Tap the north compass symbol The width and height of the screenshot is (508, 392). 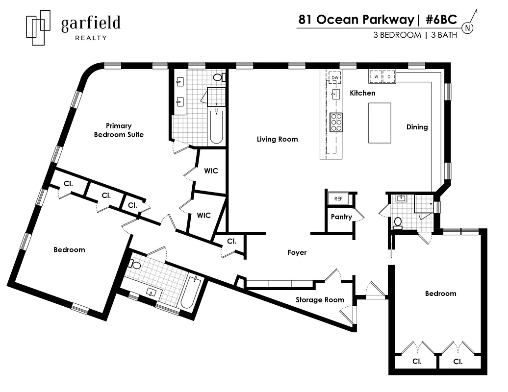[x=468, y=28]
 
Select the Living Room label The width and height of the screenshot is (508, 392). [x=277, y=139]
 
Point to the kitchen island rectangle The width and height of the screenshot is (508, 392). [x=380, y=122]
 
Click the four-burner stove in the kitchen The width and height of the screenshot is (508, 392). [x=336, y=122]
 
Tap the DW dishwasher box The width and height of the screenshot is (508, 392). [x=335, y=77]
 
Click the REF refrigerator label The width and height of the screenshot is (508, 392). [x=338, y=198]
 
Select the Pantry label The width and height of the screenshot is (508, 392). [x=341, y=217]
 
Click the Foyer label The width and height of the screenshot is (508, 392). [x=297, y=252]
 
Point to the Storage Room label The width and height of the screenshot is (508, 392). [x=320, y=300]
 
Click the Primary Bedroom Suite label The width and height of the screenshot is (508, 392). [x=119, y=130]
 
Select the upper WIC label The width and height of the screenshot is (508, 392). [x=211, y=171]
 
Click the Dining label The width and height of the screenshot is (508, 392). [x=417, y=127]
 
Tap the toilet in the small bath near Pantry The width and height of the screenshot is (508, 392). [x=398, y=222]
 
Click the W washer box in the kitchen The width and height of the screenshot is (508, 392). [x=376, y=76]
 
